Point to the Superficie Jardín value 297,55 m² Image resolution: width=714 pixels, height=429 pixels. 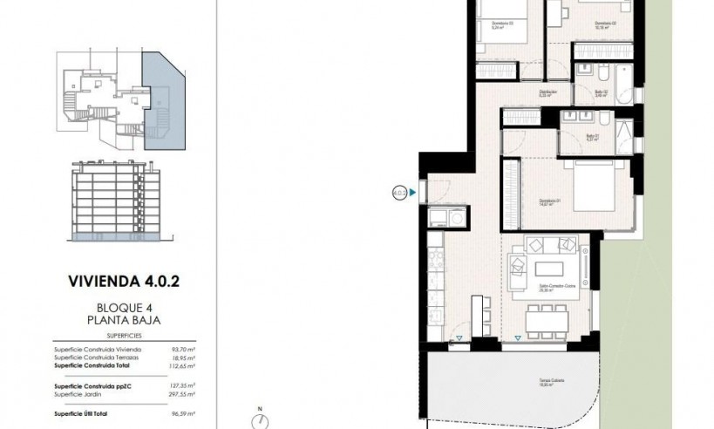coord(180,392)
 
